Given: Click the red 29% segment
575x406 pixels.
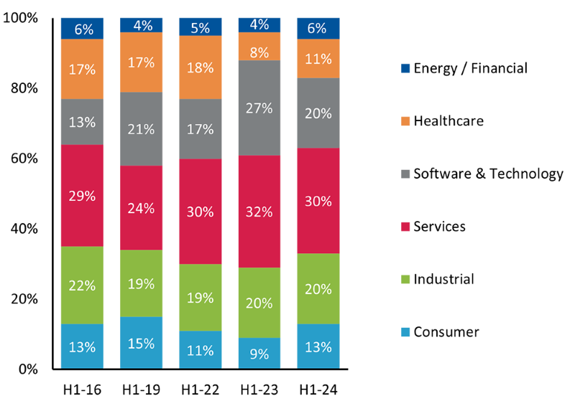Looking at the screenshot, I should pyautogui.click(x=82, y=196).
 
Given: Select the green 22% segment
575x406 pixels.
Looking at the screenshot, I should pyautogui.click(x=82, y=285).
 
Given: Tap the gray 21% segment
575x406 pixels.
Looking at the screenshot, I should pyautogui.click(x=142, y=129).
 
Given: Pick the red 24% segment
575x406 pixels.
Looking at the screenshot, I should pyautogui.click(x=142, y=208).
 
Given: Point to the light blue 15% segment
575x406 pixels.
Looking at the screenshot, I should pyautogui.click(x=142, y=343).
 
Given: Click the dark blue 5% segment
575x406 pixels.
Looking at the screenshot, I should pyautogui.click(x=200, y=28).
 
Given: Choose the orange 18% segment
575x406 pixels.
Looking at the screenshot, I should pyautogui.click(x=200, y=67).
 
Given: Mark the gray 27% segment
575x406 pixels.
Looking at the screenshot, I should pyautogui.click(x=259, y=108).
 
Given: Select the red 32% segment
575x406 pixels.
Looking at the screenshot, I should pyautogui.click(x=259, y=212).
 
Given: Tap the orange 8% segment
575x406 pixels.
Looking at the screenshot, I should pyautogui.click(x=259, y=52).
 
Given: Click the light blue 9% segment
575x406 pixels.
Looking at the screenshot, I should pyautogui.click(x=259, y=353).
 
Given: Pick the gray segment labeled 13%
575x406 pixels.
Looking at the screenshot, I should pyautogui.click(x=82, y=122).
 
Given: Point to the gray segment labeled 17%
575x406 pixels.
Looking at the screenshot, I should pyautogui.click(x=200, y=129).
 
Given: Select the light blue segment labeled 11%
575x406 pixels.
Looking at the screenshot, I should pyautogui.click(x=200, y=350).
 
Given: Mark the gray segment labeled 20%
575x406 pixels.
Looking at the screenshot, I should pyautogui.click(x=318, y=113).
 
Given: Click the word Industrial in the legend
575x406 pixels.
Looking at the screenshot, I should pyautogui.click(x=444, y=278).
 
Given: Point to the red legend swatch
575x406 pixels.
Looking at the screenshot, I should pyautogui.click(x=405, y=237).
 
